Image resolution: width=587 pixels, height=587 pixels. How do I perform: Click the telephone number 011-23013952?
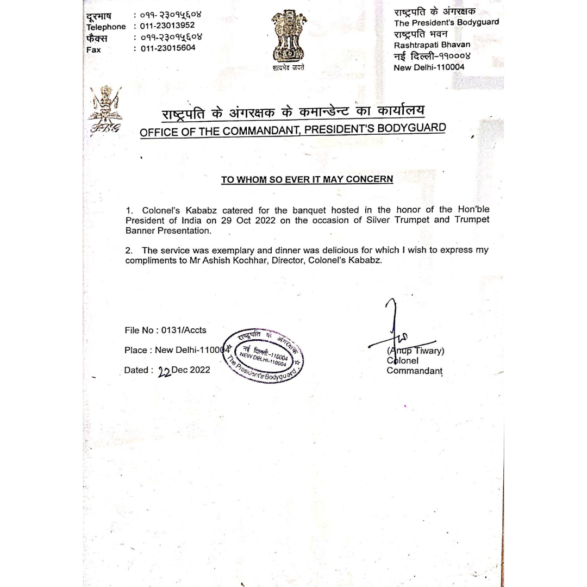164,26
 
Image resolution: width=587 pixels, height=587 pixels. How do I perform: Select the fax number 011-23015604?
164,48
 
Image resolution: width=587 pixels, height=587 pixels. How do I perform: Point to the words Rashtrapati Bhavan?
432,45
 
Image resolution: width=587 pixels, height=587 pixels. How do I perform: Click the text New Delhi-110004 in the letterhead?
429,67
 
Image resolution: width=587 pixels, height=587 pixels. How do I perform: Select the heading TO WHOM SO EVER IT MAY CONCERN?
307,180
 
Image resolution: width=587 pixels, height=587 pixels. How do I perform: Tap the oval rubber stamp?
265,355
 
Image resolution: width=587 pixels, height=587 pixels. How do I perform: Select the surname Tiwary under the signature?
429,351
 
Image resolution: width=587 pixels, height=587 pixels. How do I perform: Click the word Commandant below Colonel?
414,371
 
